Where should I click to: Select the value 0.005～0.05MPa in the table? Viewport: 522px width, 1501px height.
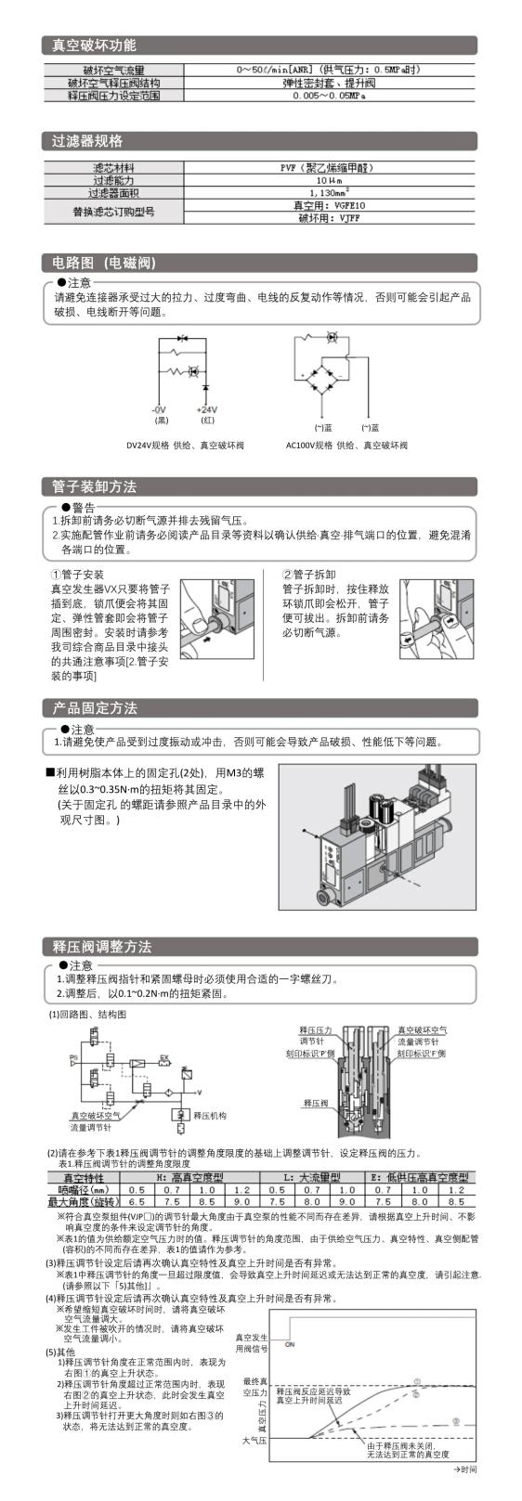point(329,96)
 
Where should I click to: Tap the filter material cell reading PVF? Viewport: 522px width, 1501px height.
point(329,168)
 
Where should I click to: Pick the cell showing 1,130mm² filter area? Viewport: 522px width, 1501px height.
point(329,193)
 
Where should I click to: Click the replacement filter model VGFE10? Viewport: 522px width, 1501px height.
point(329,206)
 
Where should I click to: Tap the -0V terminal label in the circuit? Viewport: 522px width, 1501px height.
point(160,409)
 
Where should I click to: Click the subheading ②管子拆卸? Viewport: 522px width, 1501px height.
point(309,575)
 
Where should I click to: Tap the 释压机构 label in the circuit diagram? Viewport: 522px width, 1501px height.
point(210,1115)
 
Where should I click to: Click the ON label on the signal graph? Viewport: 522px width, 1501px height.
point(290,1344)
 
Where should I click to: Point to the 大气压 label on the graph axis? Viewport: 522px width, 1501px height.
point(254,1440)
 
